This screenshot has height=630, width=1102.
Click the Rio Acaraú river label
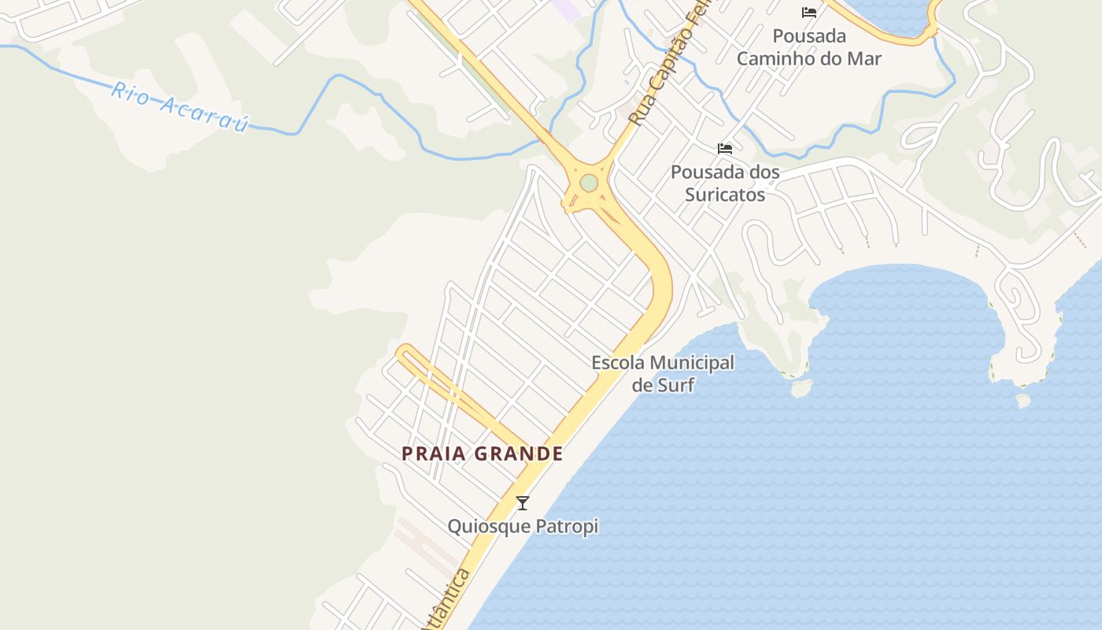[x=179, y=106]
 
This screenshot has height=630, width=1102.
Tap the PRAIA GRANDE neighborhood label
[x=483, y=454]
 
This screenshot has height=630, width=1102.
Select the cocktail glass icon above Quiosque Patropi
[x=523, y=502]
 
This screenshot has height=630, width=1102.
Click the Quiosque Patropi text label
[x=523, y=526]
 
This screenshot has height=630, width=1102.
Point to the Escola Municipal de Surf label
[x=663, y=373]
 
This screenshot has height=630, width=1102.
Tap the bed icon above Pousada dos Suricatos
[x=725, y=148]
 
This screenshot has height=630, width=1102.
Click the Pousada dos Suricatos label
[x=725, y=183]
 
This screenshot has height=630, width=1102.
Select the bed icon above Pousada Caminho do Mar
[x=808, y=12]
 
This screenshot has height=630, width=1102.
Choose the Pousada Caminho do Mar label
[x=809, y=47]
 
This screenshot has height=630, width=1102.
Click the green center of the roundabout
[x=589, y=183]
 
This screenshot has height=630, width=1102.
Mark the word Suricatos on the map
[x=725, y=194]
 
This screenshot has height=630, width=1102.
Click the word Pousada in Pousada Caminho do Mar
[x=809, y=36]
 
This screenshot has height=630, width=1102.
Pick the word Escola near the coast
[x=619, y=363]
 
